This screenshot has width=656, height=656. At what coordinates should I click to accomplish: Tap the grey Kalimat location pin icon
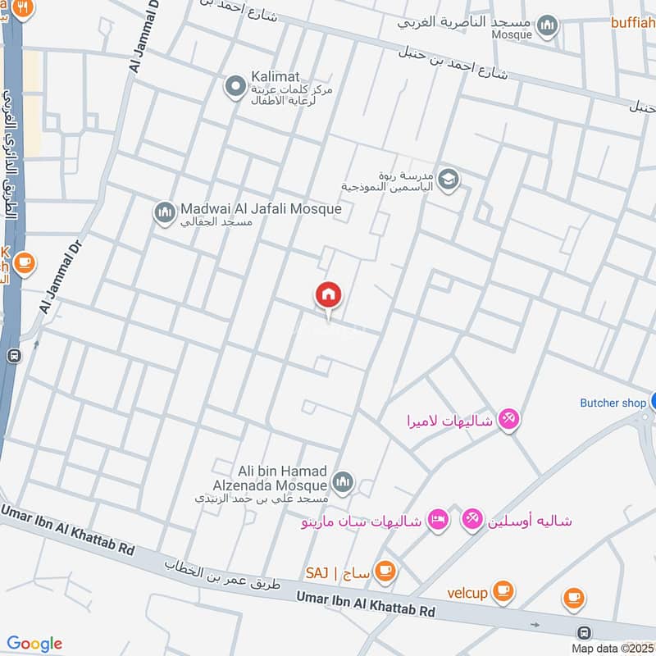(235, 84)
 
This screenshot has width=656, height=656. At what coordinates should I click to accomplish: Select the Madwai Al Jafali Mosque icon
(165, 212)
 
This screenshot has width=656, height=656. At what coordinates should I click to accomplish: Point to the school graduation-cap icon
(448, 179)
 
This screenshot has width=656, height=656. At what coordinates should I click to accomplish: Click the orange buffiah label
(632, 22)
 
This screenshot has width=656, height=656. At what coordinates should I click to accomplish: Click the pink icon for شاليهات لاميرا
(508, 420)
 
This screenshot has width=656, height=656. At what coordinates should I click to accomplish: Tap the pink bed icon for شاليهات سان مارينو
(439, 520)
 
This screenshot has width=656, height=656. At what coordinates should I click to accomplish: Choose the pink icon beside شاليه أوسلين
(471, 520)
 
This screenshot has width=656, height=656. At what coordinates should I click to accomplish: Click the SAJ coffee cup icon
(384, 570)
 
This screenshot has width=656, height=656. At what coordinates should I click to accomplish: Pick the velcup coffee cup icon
(503, 590)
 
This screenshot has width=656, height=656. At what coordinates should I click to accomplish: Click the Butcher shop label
(613, 403)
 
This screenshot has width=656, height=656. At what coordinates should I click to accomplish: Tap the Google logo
(34, 644)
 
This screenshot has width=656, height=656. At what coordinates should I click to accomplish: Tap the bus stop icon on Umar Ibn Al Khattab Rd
(584, 632)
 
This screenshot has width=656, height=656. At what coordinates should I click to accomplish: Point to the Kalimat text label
(276, 74)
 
